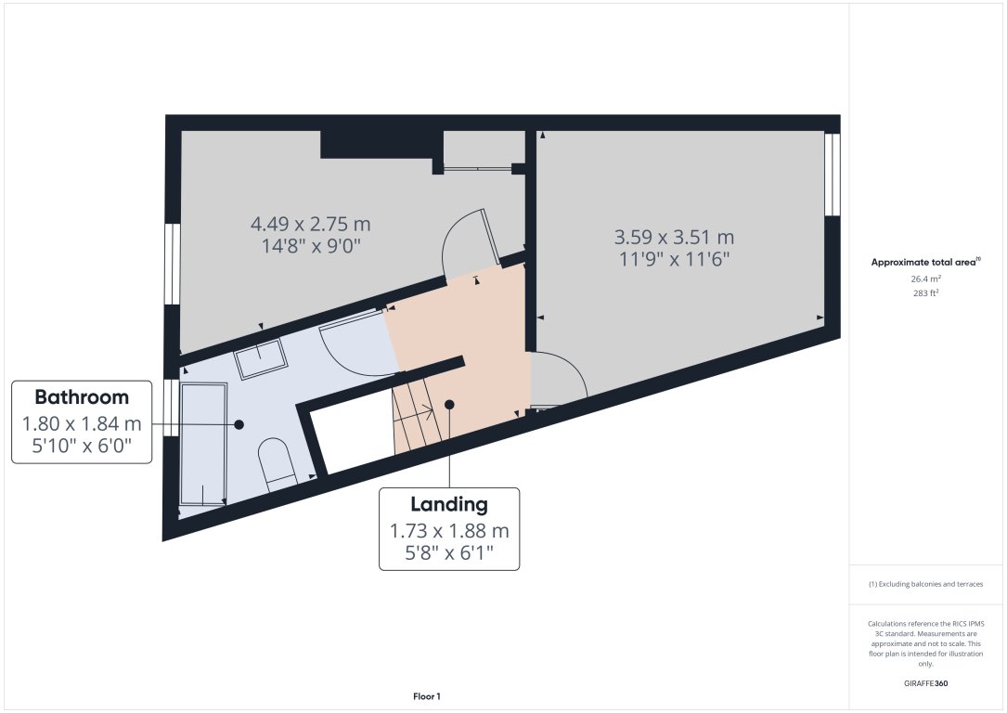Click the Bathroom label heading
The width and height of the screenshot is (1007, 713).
tap(82, 397)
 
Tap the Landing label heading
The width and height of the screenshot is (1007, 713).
tap(449, 504)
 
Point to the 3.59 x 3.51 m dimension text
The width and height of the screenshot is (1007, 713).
tap(675, 236)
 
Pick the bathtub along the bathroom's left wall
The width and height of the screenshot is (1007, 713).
tap(203, 444)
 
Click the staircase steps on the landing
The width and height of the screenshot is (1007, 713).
tap(415, 418)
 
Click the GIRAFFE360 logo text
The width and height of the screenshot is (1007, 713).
tap(925, 682)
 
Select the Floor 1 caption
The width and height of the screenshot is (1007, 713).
tap(426, 695)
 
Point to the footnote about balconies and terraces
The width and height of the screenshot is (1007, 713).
tap(925, 584)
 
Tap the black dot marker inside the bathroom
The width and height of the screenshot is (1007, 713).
tap(239, 424)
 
